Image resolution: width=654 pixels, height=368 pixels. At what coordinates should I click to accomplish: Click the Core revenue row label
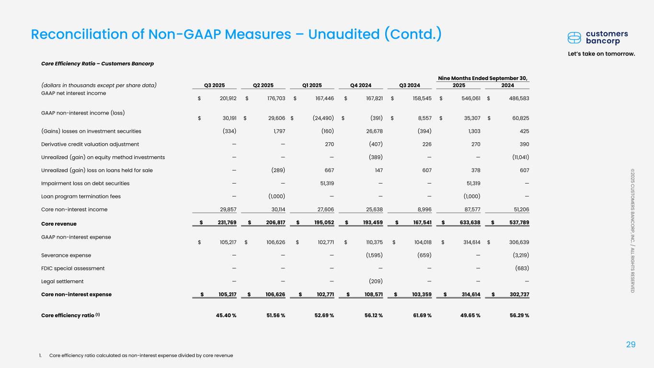click(x=59, y=223)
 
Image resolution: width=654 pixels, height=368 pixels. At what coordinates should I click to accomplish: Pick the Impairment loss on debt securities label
click(x=85, y=183)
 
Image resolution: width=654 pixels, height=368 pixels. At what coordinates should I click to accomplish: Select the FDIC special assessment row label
click(x=73, y=268)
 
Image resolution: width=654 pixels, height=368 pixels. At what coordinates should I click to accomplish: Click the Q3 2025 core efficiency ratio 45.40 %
click(x=225, y=315)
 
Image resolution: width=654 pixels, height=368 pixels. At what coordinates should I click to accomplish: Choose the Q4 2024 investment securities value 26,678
click(x=373, y=131)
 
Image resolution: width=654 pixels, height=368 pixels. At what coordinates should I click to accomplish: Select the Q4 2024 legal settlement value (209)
click(x=375, y=281)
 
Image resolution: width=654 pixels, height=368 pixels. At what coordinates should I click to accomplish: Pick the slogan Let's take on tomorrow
click(x=601, y=53)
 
